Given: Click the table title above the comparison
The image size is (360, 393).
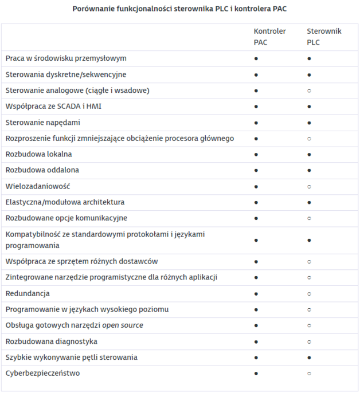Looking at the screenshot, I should (179, 9).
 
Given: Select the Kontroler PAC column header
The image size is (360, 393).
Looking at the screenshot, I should (269, 37).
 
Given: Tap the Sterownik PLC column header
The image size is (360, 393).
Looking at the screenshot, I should (323, 37).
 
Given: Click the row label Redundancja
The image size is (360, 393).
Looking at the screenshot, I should (28, 293).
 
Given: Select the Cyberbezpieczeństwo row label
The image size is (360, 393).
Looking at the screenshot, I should (42, 373).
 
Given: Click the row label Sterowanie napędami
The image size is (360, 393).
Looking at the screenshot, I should (43, 122).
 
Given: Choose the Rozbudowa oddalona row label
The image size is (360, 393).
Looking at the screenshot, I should (42, 170).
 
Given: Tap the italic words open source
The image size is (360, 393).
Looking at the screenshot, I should (123, 325).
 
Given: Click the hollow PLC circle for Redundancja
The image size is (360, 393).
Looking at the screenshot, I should (309, 294).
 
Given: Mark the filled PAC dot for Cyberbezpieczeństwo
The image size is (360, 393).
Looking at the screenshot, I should (256, 374).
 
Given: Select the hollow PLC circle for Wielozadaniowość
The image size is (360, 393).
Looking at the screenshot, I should (309, 187).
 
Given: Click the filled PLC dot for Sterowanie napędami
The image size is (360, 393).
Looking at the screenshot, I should (309, 123).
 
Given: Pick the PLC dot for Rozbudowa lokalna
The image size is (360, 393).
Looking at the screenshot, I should (309, 155).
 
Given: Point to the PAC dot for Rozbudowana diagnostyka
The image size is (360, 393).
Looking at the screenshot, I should (256, 342).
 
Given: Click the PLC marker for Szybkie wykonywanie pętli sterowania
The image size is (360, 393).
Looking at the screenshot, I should (309, 358).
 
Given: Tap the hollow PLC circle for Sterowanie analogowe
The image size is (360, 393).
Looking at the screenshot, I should (309, 91).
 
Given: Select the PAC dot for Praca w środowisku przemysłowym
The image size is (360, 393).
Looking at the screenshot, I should (256, 58).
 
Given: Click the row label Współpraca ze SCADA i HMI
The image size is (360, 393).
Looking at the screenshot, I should (53, 106).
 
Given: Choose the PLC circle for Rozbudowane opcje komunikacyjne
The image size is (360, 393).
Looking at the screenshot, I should (309, 219).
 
